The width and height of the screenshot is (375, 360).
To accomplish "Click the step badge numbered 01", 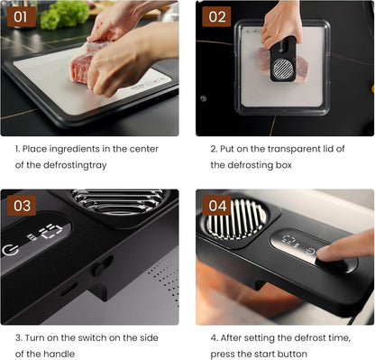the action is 22,17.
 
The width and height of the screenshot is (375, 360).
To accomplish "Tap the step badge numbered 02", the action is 216,17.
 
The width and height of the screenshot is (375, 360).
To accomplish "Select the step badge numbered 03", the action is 22,206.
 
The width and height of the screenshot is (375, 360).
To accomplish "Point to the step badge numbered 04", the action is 216,206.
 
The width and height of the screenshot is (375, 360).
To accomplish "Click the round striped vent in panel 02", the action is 283,69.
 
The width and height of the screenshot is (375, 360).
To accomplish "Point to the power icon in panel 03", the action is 11,249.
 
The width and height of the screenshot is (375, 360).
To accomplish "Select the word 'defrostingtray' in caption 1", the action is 75,165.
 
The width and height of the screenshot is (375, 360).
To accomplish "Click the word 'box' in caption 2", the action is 284,165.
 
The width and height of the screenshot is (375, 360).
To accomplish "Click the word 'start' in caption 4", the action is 267,355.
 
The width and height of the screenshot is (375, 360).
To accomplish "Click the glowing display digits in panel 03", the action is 50,232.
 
